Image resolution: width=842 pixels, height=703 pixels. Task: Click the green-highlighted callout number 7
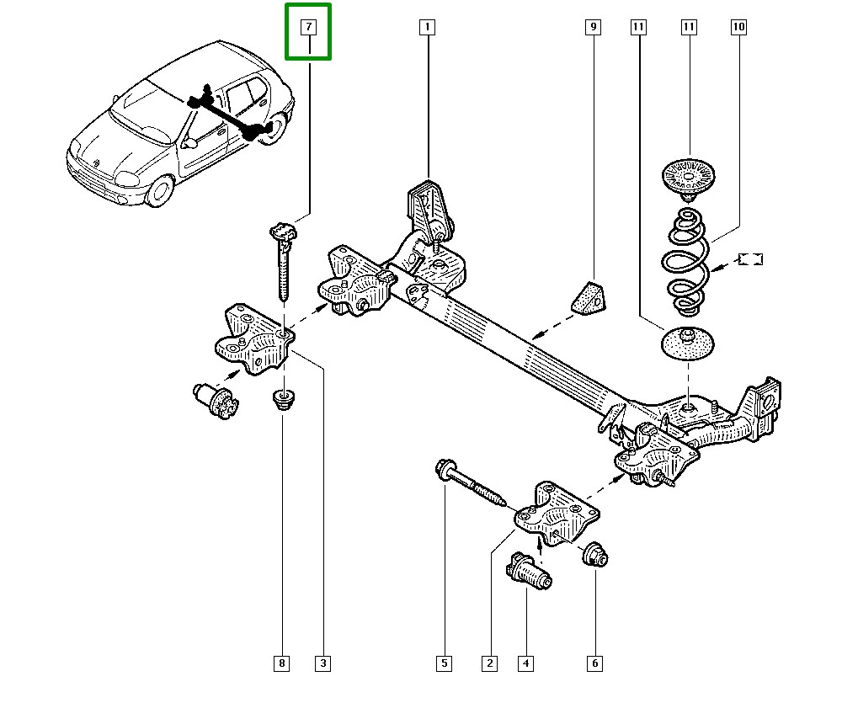[x=309, y=28]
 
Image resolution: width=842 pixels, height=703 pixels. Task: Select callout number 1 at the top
[x=427, y=28]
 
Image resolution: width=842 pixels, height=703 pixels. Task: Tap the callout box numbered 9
[x=594, y=28]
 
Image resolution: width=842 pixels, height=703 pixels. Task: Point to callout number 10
[x=738, y=28]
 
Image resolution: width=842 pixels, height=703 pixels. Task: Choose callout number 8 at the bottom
[x=282, y=663]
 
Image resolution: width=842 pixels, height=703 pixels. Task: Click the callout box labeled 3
[x=322, y=663]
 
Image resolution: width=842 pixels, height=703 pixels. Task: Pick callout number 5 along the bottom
[x=444, y=663]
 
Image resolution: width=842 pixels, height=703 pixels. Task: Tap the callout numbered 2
[x=489, y=663]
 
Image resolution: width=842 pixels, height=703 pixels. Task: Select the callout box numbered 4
[x=525, y=663]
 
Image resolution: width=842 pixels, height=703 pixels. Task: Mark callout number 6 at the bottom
[x=594, y=663]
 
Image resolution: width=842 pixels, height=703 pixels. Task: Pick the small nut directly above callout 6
[x=596, y=554]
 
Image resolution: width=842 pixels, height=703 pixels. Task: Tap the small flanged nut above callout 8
[x=284, y=398]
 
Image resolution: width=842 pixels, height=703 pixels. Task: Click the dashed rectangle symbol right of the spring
[x=749, y=258]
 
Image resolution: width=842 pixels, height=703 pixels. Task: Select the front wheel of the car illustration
[x=160, y=192]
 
